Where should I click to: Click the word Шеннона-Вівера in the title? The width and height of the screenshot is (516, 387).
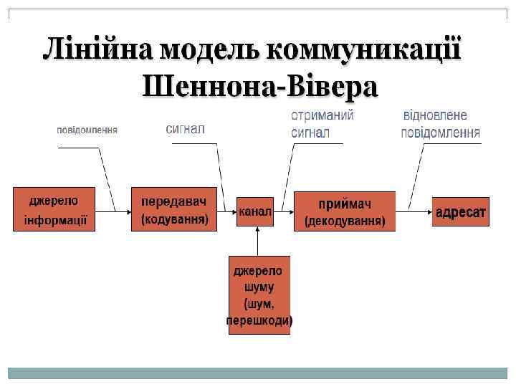pos(259,87)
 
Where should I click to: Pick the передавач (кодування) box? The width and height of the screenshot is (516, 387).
pos(174,209)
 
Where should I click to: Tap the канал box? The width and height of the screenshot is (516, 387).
pos(256,211)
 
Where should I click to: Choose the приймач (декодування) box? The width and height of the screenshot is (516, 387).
pos(345,211)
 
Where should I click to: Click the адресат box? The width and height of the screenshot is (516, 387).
pos(460,212)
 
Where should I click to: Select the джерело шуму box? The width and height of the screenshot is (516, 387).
pos(259,295)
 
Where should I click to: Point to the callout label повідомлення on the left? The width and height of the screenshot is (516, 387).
pos(87,130)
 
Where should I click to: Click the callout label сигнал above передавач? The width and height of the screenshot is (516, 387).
pos(186,129)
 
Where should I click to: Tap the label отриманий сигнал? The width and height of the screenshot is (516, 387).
pos(322,123)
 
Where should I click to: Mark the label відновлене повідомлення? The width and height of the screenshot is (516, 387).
pos(440,123)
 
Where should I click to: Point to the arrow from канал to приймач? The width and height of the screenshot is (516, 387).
pos(285,211)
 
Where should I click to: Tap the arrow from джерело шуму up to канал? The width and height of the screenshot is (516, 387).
pos(258,241)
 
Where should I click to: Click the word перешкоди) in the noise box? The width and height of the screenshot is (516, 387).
pos(259,320)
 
